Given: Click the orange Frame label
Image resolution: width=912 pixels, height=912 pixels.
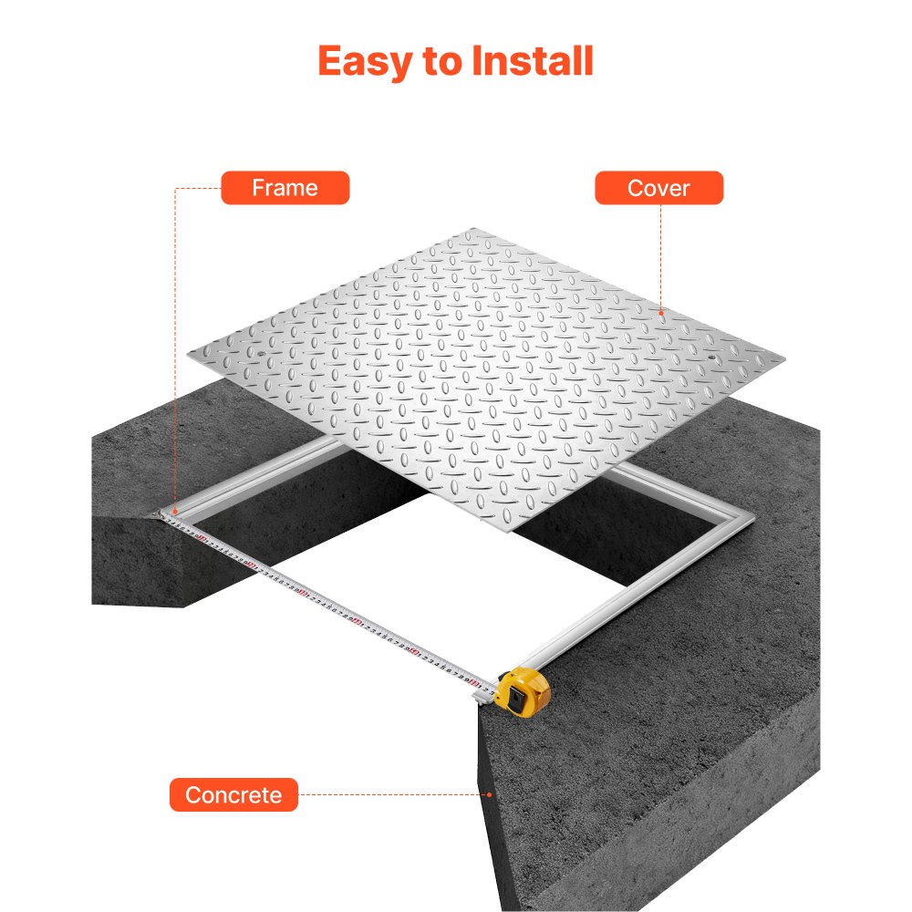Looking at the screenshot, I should pos(285,188).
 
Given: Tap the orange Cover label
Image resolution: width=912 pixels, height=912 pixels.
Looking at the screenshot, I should pos(658,188).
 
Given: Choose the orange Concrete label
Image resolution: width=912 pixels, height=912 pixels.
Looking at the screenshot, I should pos(233,795).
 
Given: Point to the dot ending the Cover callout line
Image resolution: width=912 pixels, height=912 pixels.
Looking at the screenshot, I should pos(662,312).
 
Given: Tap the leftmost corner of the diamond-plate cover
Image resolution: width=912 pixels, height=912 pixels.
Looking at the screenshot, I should pos(186,355).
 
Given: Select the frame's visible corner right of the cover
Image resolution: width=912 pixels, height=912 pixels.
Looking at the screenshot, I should pos(748,518).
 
